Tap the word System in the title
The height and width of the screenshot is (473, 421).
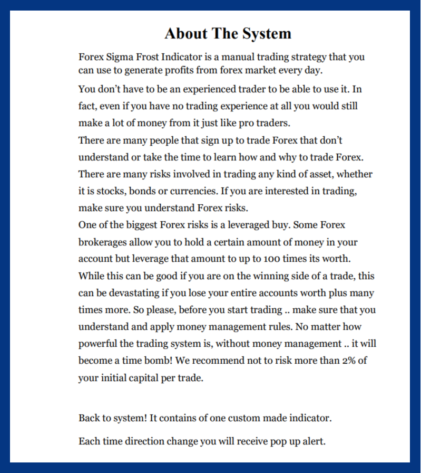[267, 34]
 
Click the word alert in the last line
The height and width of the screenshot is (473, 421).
[314, 441]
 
